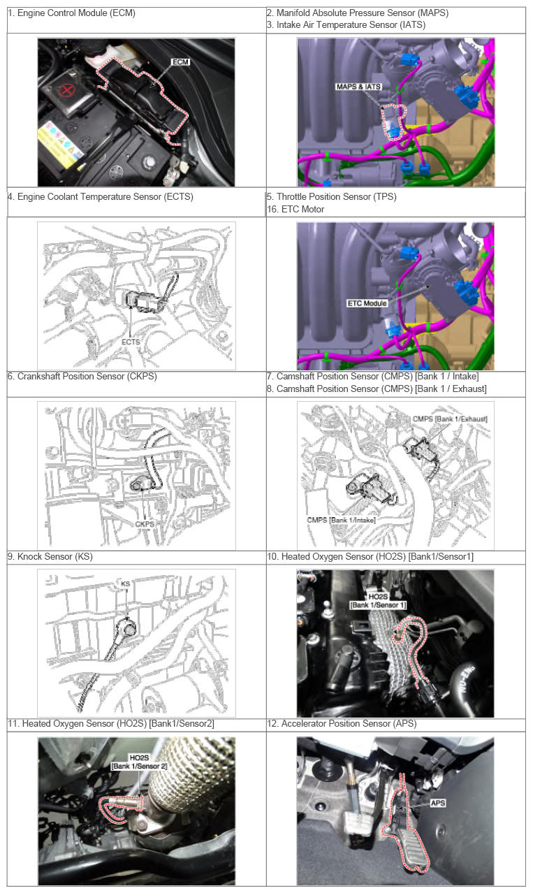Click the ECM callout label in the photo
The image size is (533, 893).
[180, 61]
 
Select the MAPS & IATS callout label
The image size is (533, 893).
[358, 87]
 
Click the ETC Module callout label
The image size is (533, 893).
[367, 303]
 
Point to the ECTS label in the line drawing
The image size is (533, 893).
[131, 342]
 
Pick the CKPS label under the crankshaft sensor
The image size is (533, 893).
[145, 524]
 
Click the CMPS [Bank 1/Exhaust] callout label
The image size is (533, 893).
[450, 419]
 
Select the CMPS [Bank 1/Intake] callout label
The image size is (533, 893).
[341, 520]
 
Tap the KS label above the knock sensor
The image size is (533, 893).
[125, 583]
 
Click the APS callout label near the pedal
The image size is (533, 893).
[438, 802]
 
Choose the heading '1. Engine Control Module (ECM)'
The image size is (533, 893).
[72, 13]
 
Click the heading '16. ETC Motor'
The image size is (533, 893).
[295, 209]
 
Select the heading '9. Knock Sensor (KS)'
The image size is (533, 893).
[50, 556]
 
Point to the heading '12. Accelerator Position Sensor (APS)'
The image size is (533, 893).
[342, 723]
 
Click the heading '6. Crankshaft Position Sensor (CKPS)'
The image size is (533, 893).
[82, 376]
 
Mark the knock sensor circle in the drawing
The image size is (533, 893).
[129, 627]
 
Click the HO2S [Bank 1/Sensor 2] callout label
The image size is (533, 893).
[139, 762]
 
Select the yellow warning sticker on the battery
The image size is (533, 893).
[60, 145]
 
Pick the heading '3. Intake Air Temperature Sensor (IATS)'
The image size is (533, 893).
[346, 24]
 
